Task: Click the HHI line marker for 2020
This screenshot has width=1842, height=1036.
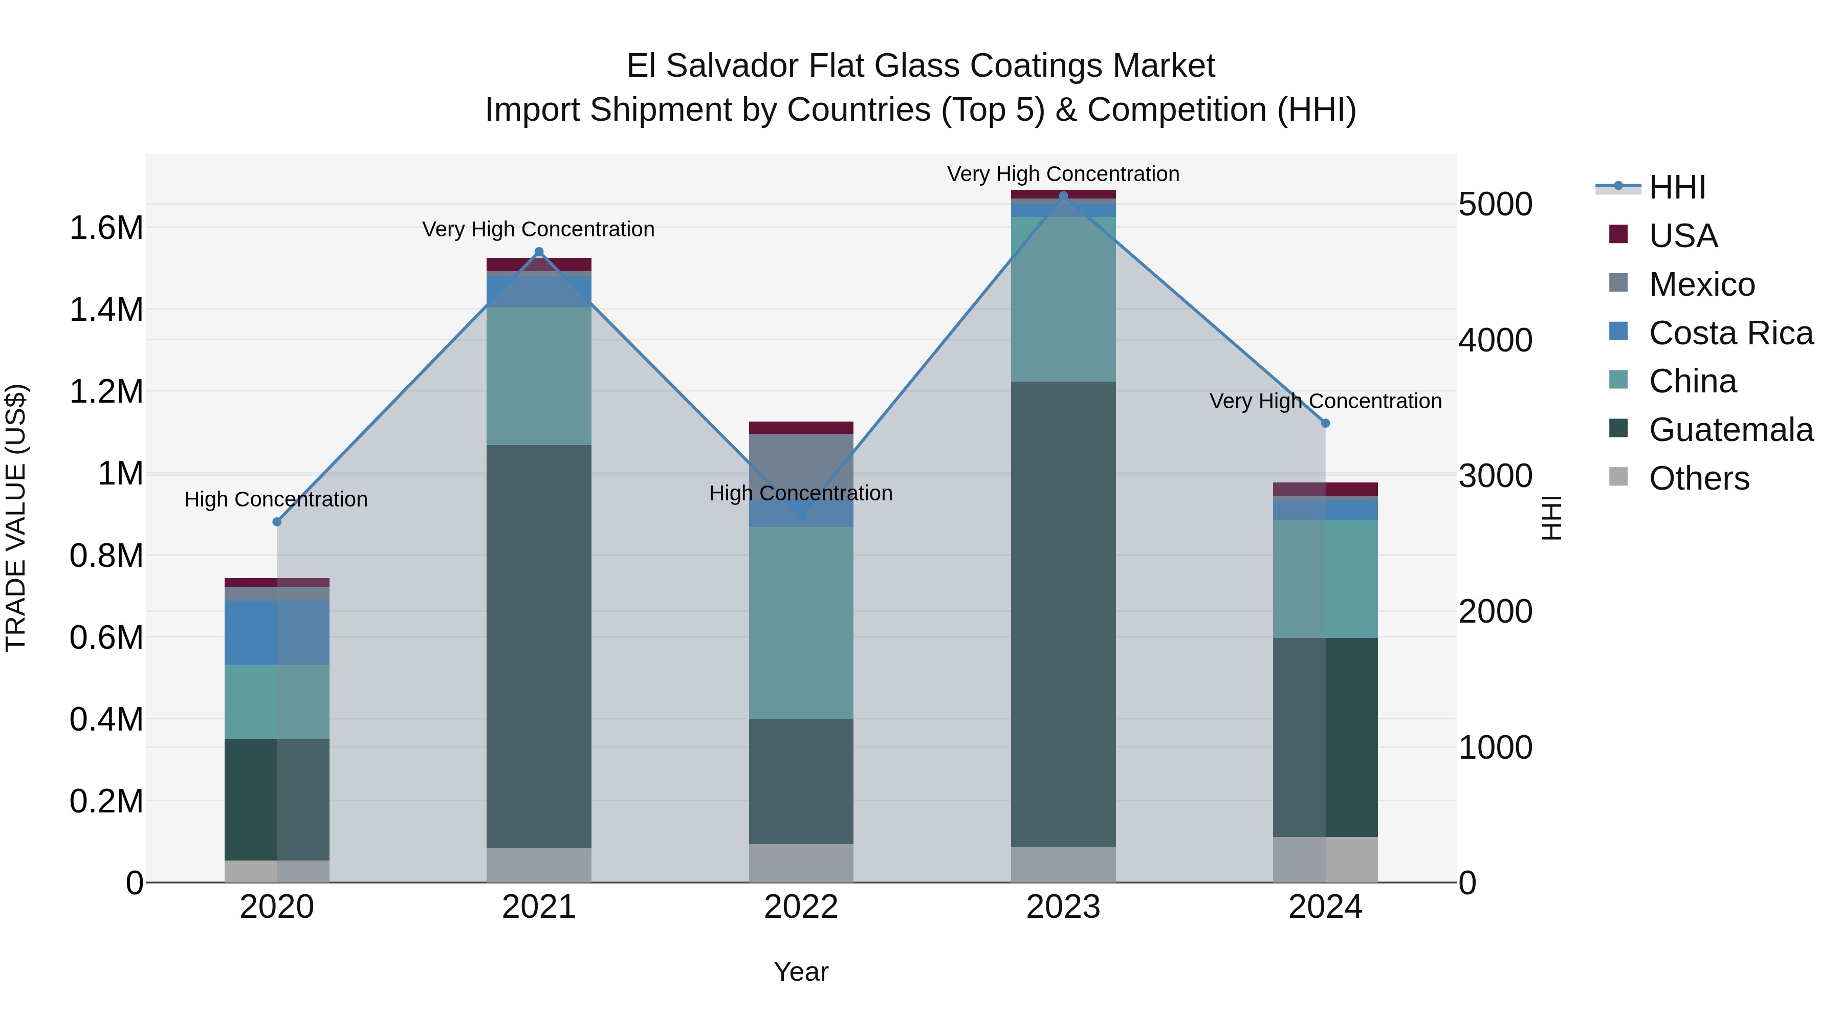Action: [277, 522]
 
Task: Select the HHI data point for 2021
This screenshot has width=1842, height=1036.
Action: [539, 252]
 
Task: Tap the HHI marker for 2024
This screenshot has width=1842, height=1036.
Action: [1325, 423]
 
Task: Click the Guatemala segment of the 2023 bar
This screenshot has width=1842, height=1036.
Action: [1063, 615]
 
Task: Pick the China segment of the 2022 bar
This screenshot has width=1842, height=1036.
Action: [801, 622]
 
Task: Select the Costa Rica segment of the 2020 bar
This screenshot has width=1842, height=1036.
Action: [277, 633]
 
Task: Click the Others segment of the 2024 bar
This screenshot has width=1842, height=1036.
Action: [1325, 859]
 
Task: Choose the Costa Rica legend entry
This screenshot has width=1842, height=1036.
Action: [1730, 333]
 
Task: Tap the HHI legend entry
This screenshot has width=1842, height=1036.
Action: [1677, 187]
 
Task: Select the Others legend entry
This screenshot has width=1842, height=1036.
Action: [1698, 478]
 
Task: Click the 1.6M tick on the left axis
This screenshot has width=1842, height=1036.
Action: [106, 228]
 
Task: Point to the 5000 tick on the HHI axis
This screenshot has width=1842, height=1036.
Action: [1495, 205]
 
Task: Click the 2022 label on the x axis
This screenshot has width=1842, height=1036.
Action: [801, 907]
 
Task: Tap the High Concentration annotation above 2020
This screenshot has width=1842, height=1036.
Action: [276, 499]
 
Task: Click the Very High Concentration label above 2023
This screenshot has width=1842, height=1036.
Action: [1063, 174]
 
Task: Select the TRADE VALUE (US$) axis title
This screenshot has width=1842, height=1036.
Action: [16, 518]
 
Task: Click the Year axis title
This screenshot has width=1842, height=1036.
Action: [801, 972]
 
